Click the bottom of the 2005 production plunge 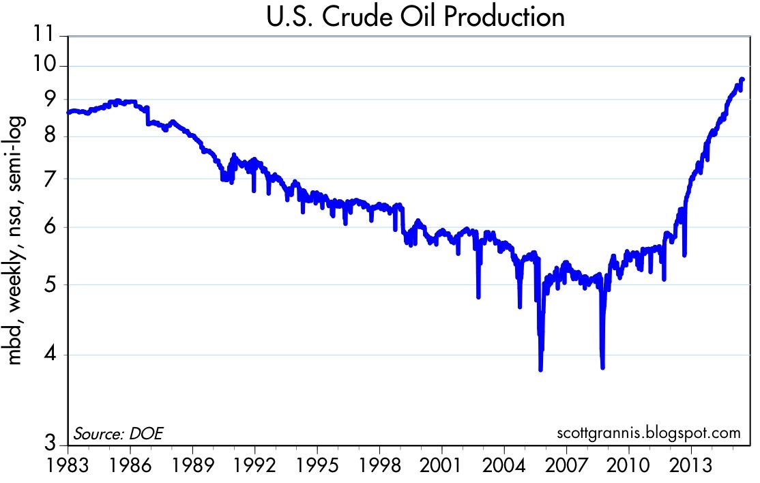click(x=540, y=369)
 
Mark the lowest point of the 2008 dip click(x=603, y=367)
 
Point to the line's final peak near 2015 click(x=742, y=80)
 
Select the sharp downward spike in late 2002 click(x=478, y=296)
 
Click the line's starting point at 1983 click(x=68, y=112)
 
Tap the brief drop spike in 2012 click(x=684, y=254)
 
